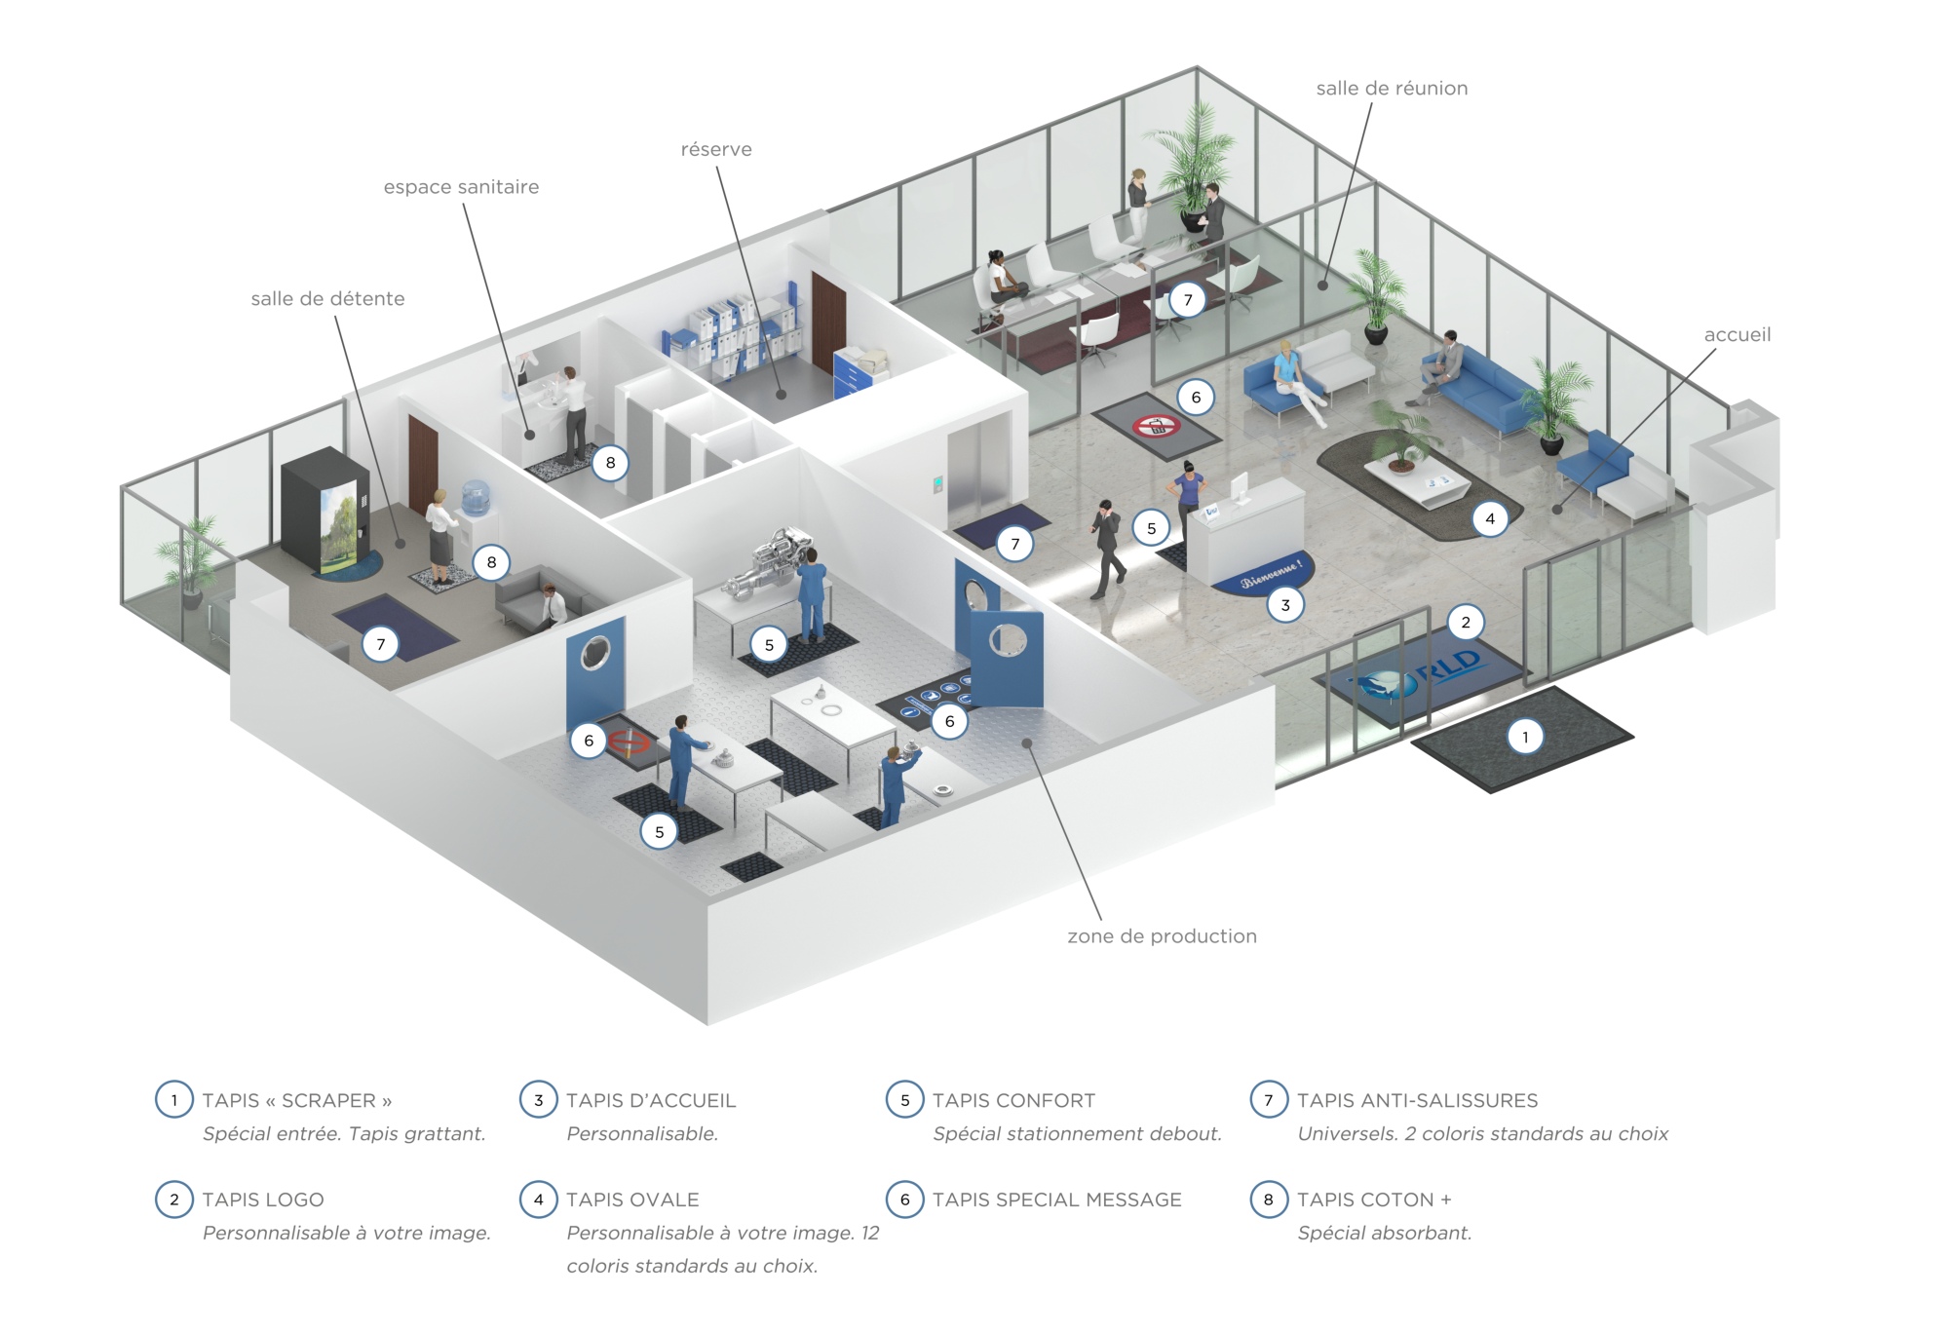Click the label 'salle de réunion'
tap(1391, 89)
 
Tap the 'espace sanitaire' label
tap(461, 187)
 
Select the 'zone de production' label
tap(1162, 936)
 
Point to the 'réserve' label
tap(716, 150)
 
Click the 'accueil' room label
tap(1737, 335)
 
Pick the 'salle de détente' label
tap(327, 299)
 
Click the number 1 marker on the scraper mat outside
tap(1525, 737)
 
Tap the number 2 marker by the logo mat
tap(1465, 623)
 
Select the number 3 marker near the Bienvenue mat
tap(1284, 605)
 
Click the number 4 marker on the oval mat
tap(1489, 518)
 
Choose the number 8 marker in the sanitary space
tap(610, 463)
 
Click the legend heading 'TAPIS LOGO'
tap(263, 1200)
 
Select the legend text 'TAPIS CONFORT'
tap(1013, 1100)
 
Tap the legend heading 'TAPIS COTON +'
tap(1374, 1200)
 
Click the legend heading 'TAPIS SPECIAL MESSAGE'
tap(1056, 1200)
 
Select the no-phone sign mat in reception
tap(1156, 426)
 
